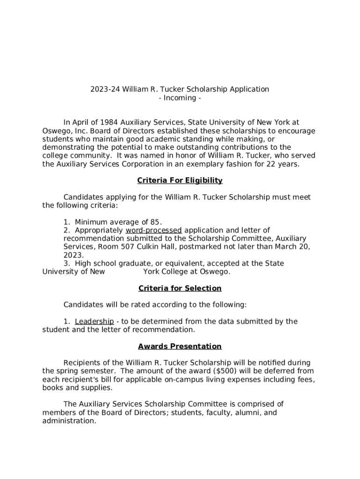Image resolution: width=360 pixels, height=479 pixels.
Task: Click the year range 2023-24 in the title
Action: [x=105, y=89]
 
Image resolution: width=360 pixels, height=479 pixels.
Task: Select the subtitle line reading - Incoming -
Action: [x=180, y=98]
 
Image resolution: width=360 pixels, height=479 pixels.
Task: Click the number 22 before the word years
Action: [x=264, y=164]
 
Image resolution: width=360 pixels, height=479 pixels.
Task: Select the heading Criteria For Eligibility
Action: [x=180, y=181]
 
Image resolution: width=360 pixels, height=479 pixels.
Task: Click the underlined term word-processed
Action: [x=154, y=230]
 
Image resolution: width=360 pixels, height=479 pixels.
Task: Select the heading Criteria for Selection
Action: [x=180, y=288]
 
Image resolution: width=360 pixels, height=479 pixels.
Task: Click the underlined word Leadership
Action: [x=94, y=321]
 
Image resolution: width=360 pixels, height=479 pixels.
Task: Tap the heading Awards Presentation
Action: [x=180, y=347]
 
